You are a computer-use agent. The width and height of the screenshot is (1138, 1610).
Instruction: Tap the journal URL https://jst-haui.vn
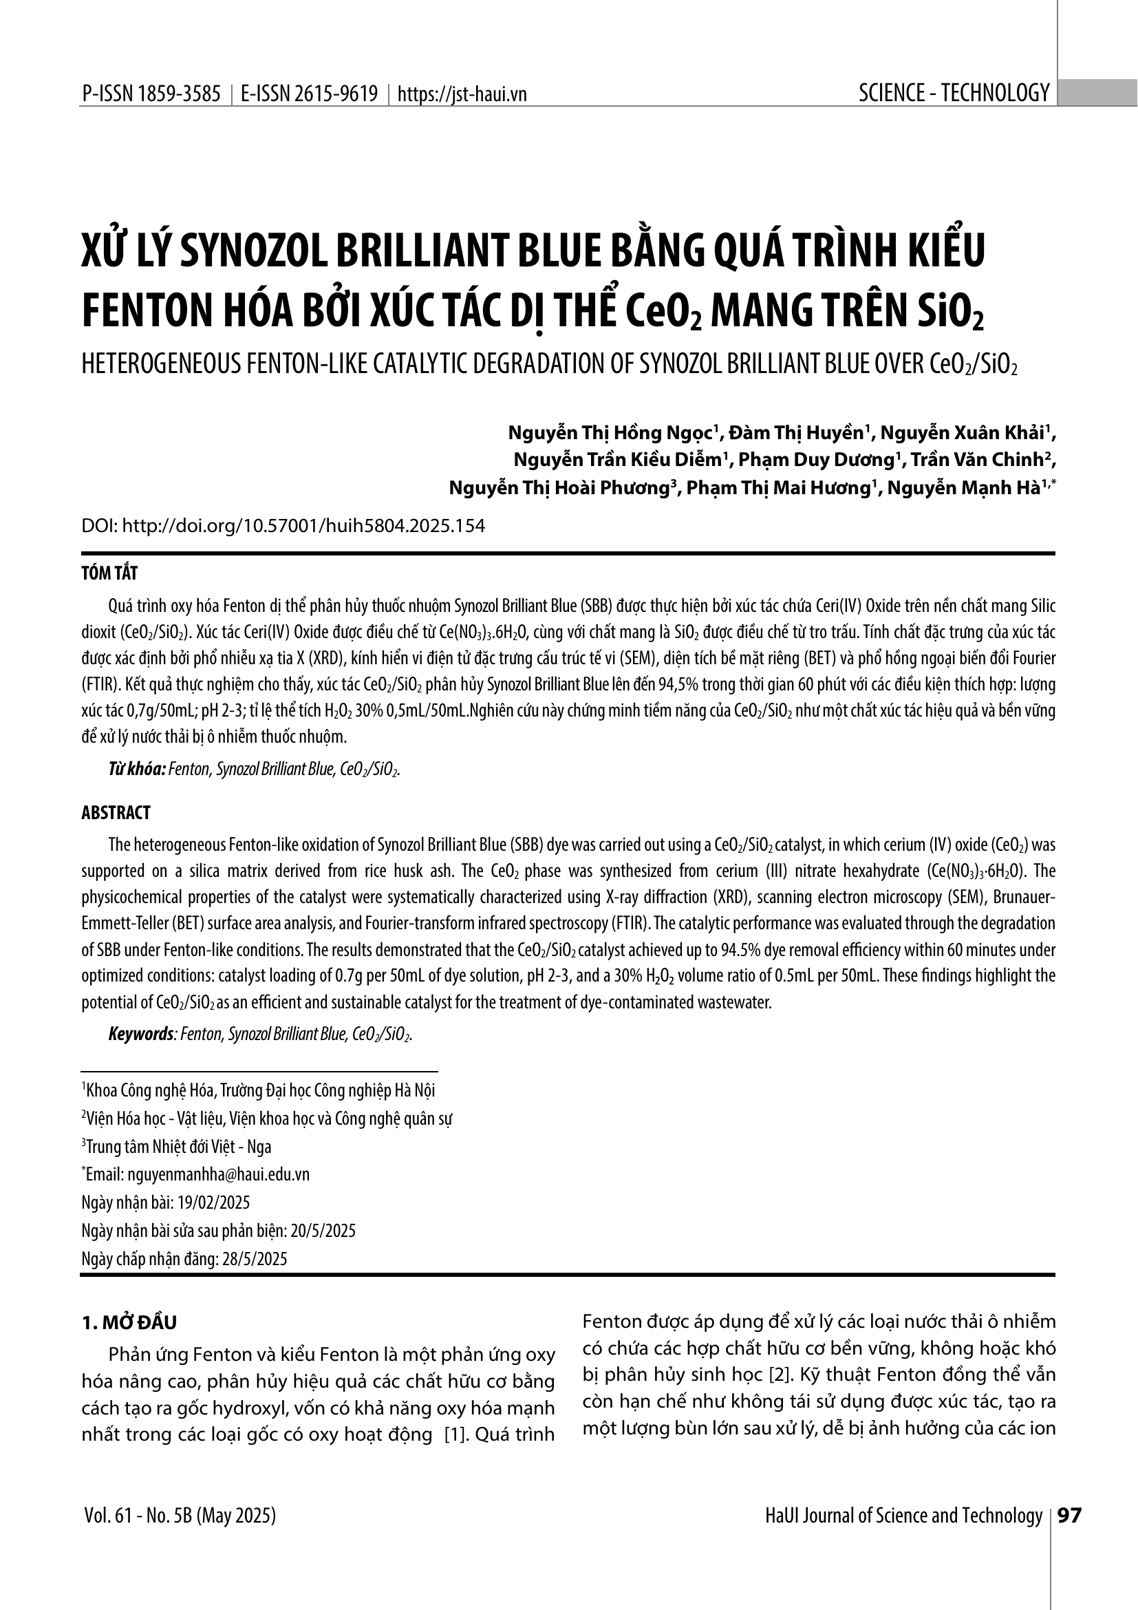tap(462, 94)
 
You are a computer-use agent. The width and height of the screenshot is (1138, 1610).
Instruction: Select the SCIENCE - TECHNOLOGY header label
tap(954, 92)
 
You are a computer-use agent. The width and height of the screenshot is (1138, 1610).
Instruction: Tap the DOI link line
tap(283, 526)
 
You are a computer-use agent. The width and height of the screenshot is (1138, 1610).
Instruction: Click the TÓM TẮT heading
tap(110, 573)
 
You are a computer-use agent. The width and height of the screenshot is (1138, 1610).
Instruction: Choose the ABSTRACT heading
tap(116, 813)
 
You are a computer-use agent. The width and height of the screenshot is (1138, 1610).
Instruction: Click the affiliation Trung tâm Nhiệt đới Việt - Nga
tap(178, 1147)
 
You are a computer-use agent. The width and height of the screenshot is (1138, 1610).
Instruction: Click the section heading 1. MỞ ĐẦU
tap(129, 1322)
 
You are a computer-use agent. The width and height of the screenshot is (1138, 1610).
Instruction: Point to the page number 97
tap(1069, 1515)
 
